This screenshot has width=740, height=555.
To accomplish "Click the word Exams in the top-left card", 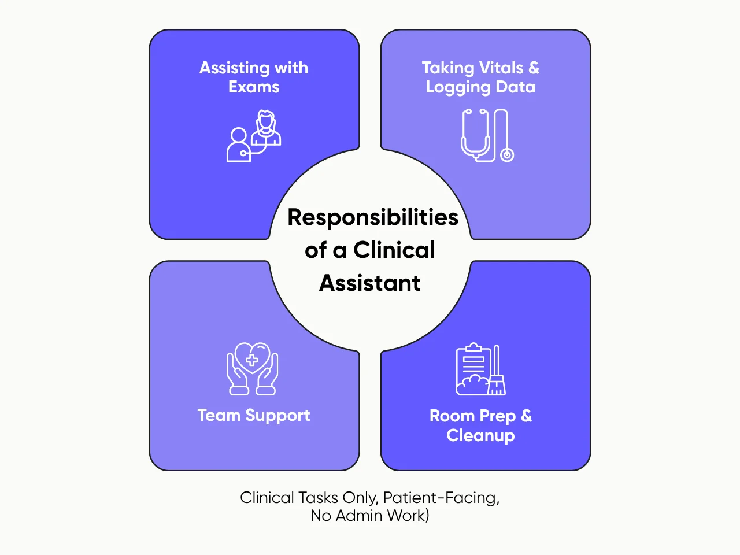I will click(x=254, y=87).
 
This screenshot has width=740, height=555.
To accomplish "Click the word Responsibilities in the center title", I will click(x=373, y=217).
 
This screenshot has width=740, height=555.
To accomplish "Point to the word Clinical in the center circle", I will click(x=394, y=250).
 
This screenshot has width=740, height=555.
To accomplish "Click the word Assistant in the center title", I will click(x=370, y=283).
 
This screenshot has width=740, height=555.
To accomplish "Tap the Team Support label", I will click(x=254, y=416).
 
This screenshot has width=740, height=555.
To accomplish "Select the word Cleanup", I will click(x=480, y=435).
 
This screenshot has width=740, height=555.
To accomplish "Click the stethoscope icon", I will click(x=487, y=136).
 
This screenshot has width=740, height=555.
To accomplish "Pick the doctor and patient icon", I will click(x=254, y=136).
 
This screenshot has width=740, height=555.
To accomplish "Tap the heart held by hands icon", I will click(x=252, y=368).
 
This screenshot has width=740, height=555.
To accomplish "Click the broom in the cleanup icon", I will click(x=497, y=371).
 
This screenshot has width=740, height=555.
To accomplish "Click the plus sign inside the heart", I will click(x=252, y=360).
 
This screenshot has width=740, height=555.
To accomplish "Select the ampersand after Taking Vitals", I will click(x=534, y=68).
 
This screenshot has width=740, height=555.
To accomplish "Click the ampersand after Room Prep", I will click(x=526, y=416).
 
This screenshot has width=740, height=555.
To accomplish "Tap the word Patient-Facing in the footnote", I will click(x=441, y=498).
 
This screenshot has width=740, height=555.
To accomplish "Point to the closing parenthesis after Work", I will click(x=427, y=516).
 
